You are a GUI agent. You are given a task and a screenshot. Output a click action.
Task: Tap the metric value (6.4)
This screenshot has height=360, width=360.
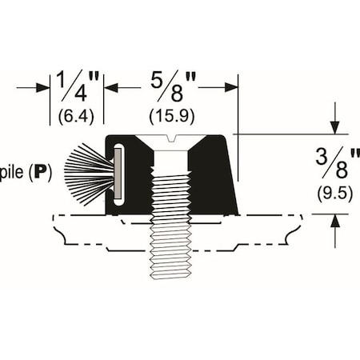(x=77, y=115)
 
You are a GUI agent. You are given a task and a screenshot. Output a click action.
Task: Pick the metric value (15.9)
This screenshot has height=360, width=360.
(x=170, y=115)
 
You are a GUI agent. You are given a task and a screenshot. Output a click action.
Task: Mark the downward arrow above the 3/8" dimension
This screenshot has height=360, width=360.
(x=334, y=126)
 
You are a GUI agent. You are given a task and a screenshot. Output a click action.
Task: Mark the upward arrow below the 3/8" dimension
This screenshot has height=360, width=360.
(x=334, y=221)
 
